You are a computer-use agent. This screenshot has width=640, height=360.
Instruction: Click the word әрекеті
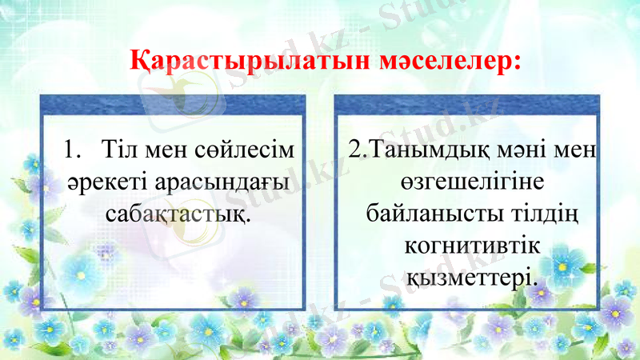coord(98,182)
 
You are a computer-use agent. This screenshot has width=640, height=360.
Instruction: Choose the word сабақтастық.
coord(175,215)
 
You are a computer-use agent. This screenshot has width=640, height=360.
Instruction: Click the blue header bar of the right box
coord(466,105)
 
